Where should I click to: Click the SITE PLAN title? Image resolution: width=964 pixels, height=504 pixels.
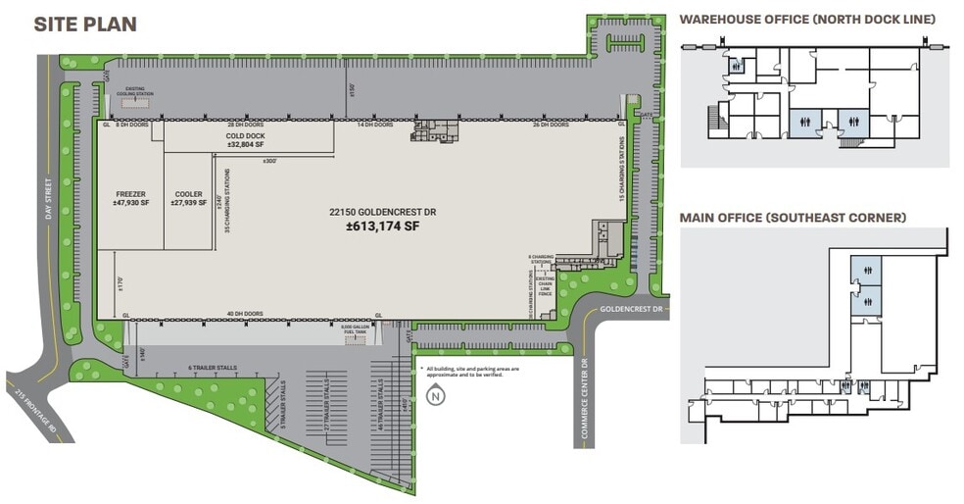pos(85,25)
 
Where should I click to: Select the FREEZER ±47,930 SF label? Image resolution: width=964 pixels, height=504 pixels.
pos(130,199)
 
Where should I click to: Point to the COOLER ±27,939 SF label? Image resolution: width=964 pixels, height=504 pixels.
pos(187,199)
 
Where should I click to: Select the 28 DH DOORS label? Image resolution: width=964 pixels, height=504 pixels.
pos(246,126)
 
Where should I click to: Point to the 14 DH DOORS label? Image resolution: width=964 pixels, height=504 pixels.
pos(375,126)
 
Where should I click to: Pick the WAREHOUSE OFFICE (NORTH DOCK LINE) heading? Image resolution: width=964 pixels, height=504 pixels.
pos(808,20)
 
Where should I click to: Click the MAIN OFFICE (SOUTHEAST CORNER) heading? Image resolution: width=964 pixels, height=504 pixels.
pos(793,217)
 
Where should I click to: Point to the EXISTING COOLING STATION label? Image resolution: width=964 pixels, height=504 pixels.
pos(135,93)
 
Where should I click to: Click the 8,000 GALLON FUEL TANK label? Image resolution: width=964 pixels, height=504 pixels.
pos(355,330)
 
